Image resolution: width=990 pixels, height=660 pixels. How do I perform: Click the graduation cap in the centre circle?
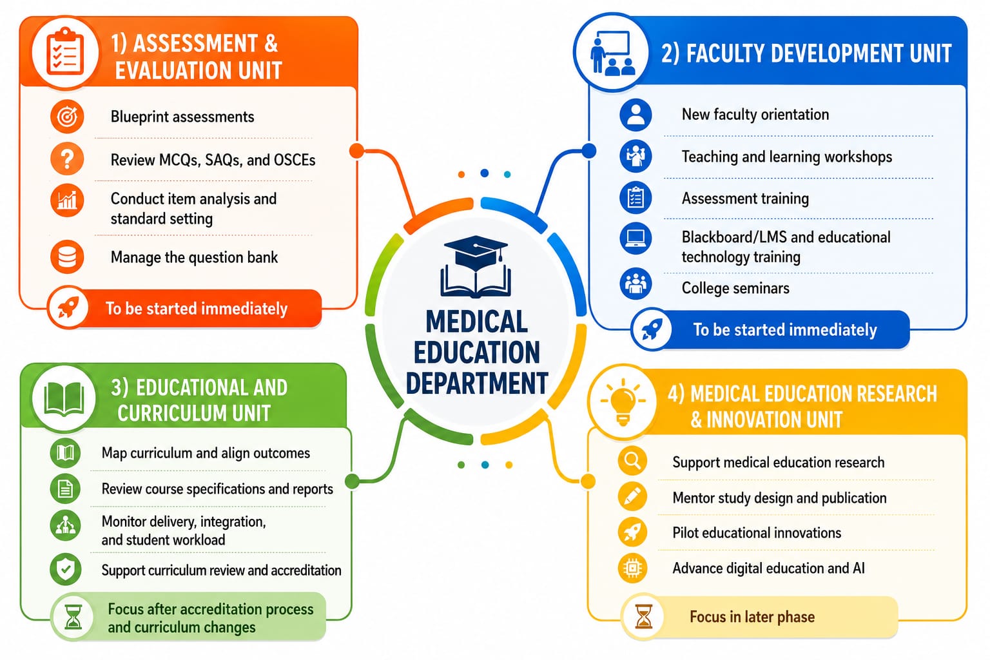[x=476, y=253]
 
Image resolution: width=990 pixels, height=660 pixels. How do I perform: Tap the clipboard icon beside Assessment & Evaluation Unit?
[x=65, y=52]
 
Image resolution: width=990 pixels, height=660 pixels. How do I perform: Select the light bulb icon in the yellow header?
[x=623, y=402]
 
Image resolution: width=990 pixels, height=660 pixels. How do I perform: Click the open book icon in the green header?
[x=64, y=398]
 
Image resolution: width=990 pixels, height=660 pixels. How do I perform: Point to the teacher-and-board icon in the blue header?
[x=612, y=53]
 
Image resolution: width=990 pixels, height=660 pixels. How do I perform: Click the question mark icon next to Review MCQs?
[x=67, y=159]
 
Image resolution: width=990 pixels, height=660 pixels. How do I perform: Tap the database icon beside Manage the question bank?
[x=67, y=257]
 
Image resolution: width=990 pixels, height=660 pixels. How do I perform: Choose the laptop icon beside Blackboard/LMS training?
[x=636, y=238]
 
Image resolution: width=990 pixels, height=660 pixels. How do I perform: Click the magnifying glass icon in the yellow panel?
[x=632, y=461]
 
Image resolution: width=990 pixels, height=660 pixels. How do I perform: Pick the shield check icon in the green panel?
[x=65, y=569]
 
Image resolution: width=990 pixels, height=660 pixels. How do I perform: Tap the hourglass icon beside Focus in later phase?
[x=643, y=617]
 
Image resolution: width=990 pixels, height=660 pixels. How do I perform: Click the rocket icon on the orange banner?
[x=68, y=307]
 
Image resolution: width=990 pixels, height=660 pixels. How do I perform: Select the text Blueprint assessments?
[x=182, y=117]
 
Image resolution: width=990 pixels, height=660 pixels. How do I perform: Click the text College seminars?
[x=735, y=288]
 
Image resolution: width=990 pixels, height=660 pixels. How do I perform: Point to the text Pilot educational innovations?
[x=757, y=532]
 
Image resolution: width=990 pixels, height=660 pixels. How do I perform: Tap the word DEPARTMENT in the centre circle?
[x=477, y=383]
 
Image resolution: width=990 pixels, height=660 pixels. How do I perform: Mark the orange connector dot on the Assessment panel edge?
[x=356, y=151]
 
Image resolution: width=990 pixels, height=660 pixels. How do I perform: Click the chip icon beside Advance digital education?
[x=632, y=568]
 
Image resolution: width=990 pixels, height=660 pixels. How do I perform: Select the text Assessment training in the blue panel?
[x=745, y=199]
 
